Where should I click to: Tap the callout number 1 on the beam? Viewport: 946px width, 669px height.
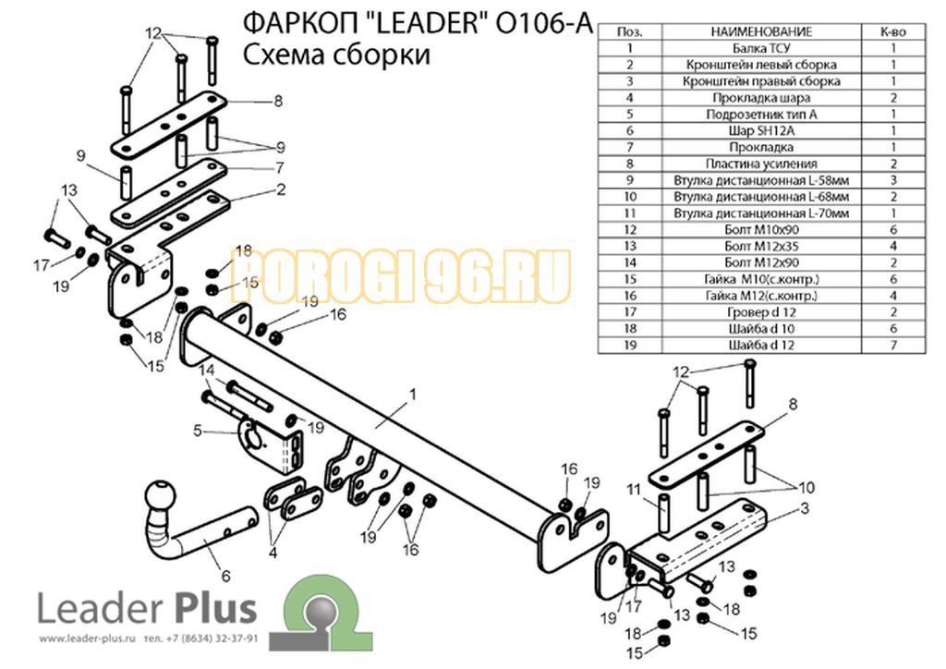413,395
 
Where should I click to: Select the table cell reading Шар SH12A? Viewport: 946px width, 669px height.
761,130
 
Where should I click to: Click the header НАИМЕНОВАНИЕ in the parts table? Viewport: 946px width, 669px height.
761,31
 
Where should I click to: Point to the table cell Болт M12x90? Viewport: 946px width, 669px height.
761,262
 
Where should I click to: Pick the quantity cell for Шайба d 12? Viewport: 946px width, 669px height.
893,345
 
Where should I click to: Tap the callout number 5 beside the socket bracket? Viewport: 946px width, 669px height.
198,431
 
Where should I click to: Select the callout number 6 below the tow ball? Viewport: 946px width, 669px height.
225,576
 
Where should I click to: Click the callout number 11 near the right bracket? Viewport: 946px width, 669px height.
633,489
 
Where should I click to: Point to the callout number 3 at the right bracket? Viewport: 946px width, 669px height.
805,508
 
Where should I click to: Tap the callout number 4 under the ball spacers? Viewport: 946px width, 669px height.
273,552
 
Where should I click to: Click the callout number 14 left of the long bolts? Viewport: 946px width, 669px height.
207,369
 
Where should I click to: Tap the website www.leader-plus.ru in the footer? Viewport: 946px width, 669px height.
86,639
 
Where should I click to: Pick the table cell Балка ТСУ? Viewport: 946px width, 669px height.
761,48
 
